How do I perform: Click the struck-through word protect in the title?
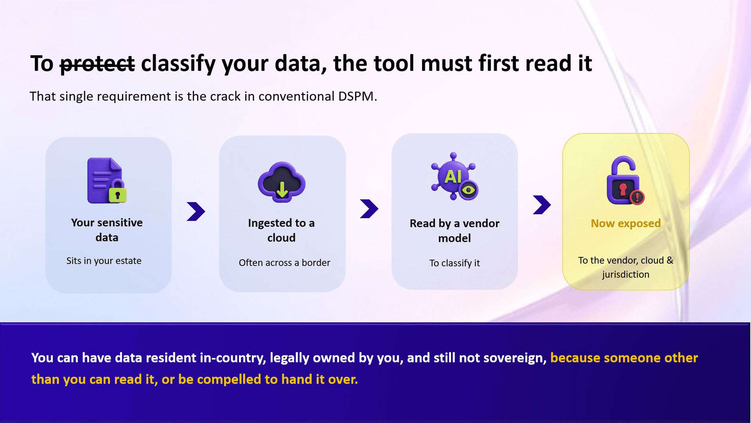point(97,64)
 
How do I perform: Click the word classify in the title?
point(178,64)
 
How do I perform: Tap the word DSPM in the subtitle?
point(356,96)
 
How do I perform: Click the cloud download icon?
point(282,182)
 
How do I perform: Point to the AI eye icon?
point(455,176)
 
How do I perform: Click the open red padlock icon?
point(625,181)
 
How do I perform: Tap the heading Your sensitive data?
point(107,230)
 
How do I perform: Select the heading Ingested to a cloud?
point(281,230)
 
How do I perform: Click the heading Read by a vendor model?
point(455,231)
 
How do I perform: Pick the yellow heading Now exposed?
point(625,223)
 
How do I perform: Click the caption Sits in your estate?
point(104,261)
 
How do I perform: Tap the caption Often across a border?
point(284,263)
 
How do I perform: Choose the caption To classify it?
point(455,263)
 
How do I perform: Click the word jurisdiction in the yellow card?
point(625,275)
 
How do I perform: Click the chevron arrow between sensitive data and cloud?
point(196,211)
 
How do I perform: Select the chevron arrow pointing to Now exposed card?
point(542,205)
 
